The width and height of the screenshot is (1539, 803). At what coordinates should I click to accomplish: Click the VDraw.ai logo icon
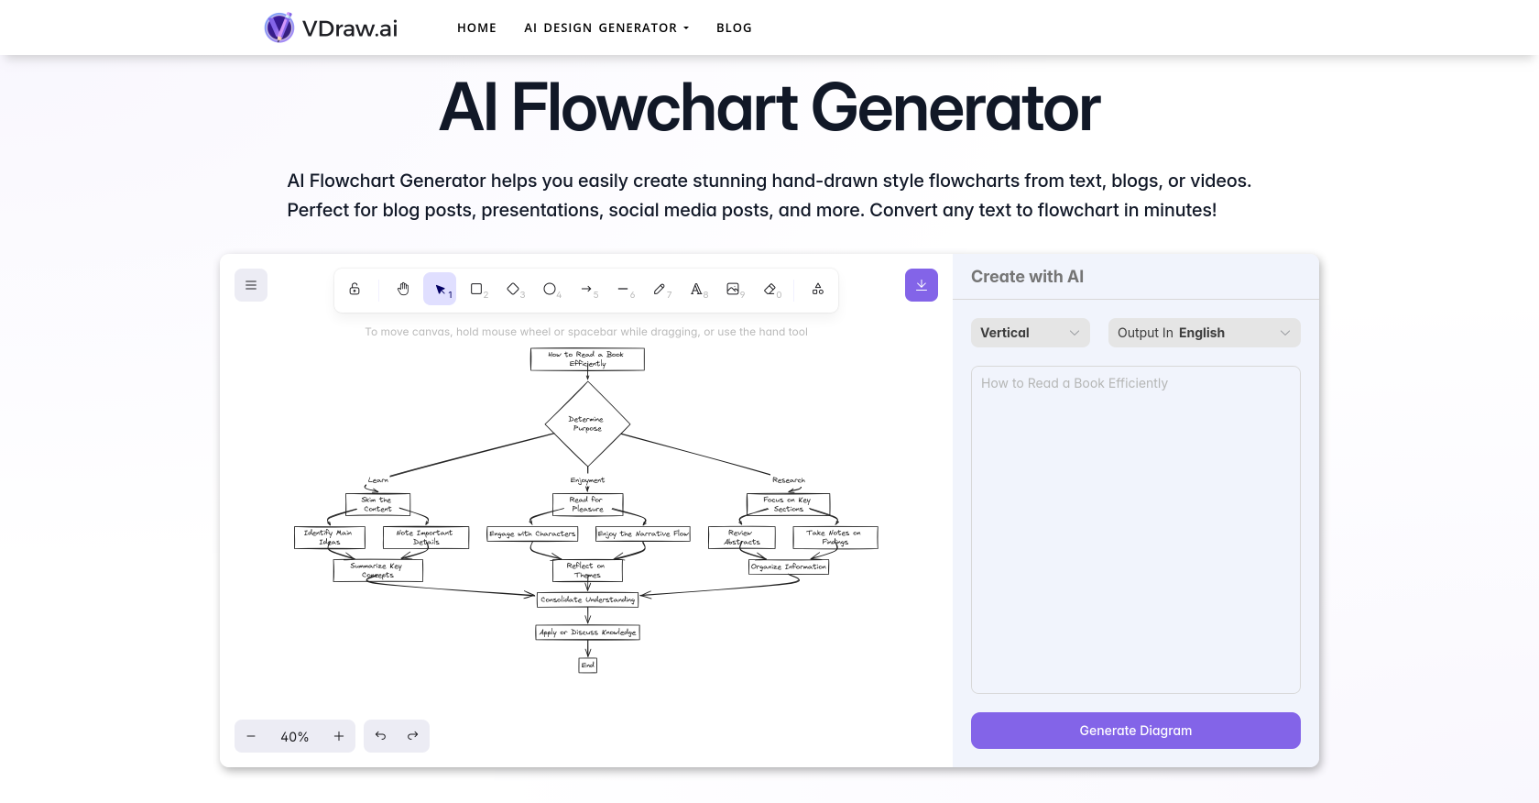(x=279, y=27)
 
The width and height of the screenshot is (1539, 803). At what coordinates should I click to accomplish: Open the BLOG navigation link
(x=734, y=27)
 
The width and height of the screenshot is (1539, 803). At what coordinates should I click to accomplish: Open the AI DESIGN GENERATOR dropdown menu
(x=606, y=27)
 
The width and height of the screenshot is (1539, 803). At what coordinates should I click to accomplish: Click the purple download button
(x=921, y=285)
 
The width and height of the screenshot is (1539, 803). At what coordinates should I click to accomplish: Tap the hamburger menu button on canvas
(x=251, y=285)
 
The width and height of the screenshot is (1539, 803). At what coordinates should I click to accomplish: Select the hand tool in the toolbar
(x=403, y=289)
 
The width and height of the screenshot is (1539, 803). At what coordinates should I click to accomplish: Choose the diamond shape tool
(x=513, y=289)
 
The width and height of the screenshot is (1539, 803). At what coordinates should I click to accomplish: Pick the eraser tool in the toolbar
(x=770, y=289)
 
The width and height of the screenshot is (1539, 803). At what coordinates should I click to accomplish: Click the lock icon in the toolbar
(x=355, y=289)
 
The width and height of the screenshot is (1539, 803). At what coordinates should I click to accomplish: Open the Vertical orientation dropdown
(x=1030, y=333)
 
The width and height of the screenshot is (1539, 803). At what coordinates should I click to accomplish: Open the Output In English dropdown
(x=1204, y=333)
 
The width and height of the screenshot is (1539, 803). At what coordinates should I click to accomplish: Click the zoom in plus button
(x=339, y=736)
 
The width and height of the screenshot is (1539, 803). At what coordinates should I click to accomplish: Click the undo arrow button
(x=380, y=736)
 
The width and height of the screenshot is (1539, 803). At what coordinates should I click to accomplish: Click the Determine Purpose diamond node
(x=587, y=423)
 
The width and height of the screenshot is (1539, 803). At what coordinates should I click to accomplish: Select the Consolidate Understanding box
(x=587, y=599)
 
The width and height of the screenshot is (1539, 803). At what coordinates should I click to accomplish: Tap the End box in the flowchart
(x=587, y=665)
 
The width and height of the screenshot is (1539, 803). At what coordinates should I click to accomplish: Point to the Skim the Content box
(x=377, y=504)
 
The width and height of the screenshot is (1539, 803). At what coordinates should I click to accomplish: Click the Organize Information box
(x=788, y=566)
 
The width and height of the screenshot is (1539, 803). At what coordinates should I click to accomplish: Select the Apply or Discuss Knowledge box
(x=587, y=632)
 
